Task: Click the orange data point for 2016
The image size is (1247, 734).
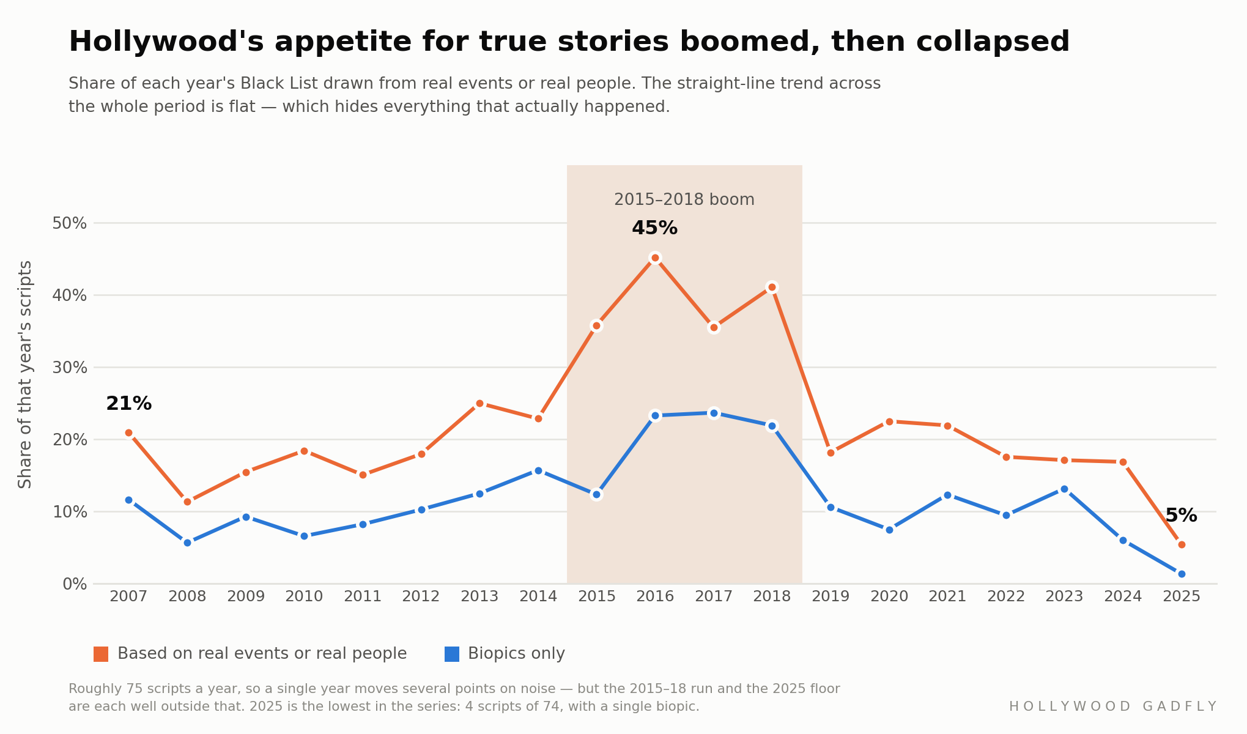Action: coord(655,258)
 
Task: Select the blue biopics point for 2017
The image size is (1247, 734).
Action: coord(714,413)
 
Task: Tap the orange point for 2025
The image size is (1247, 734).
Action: coord(1182,544)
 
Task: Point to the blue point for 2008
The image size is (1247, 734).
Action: coord(187,543)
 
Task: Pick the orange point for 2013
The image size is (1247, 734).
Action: coord(479,403)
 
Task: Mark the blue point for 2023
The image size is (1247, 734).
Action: coord(1064,489)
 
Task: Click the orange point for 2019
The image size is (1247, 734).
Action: coord(831,453)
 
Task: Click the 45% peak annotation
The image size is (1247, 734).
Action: coord(654,228)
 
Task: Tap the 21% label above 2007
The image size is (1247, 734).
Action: coord(128,404)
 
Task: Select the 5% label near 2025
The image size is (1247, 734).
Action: coord(1181,516)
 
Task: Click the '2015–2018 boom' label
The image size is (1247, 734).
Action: coord(684,200)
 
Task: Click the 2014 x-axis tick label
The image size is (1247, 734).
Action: coord(538,596)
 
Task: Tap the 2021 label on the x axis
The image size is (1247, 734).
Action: coord(947,596)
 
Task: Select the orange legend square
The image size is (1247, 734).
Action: coord(101,654)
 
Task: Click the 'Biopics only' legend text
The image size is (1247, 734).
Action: coord(516,654)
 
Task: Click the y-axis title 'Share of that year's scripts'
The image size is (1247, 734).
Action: coord(25,374)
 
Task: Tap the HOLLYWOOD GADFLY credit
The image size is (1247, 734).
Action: coord(1112,706)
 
